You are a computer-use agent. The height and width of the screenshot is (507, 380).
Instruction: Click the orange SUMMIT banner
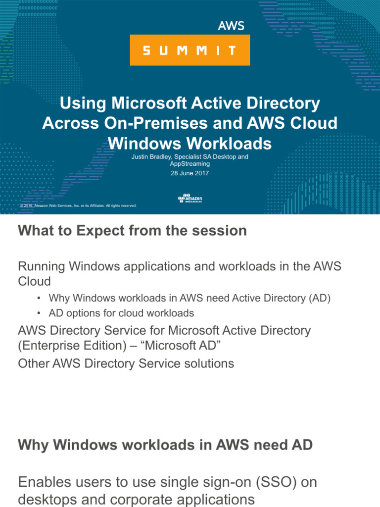point(190,50)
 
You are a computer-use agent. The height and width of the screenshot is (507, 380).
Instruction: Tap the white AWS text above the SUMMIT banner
point(231,26)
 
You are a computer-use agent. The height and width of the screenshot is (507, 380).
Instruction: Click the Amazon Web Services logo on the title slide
point(190,198)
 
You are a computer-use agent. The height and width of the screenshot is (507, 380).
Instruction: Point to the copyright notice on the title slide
point(78,205)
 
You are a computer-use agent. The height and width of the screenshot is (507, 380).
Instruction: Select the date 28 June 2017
point(190,173)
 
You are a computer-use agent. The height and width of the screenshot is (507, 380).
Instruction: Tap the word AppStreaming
point(190,163)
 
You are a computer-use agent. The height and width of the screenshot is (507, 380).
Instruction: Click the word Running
point(42,266)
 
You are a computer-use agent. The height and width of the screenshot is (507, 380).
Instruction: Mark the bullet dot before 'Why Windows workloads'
point(38,299)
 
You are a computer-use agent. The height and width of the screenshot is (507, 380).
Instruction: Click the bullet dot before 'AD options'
point(38,313)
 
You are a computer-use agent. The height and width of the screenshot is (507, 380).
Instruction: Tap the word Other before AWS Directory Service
point(33,363)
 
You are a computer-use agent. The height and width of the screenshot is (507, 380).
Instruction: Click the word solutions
point(208,363)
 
